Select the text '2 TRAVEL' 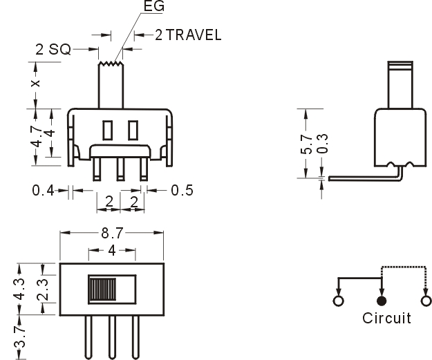(188, 35)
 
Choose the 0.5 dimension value (182, 190)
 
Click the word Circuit (386, 319)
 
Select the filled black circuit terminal (381, 301)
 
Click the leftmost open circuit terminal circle (338, 301)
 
